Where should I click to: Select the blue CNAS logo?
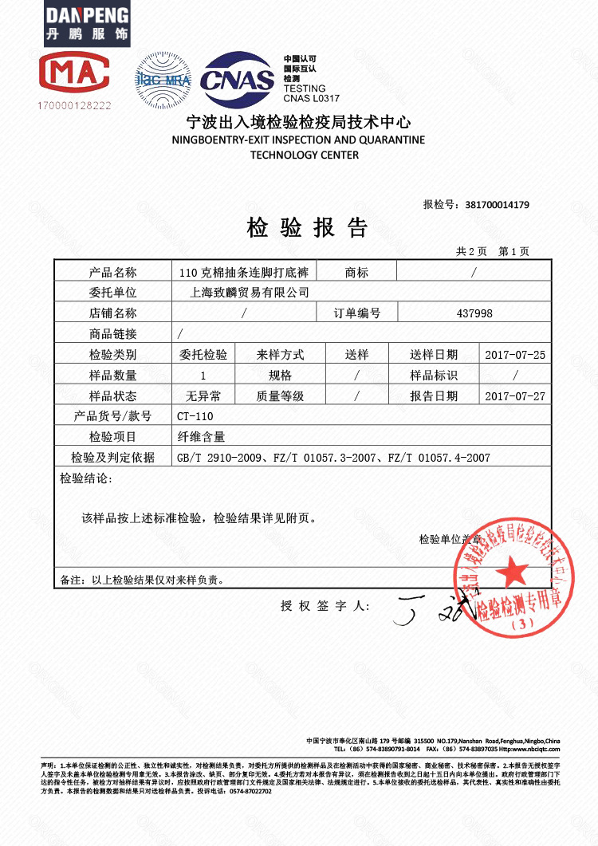(x=237, y=80)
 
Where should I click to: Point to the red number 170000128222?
(x=74, y=104)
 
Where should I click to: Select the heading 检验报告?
(x=307, y=228)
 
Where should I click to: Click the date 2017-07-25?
(x=515, y=355)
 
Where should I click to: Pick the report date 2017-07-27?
(x=515, y=396)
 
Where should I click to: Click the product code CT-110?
(x=196, y=416)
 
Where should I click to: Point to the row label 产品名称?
(x=113, y=272)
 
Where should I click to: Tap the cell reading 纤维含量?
(x=202, y=437)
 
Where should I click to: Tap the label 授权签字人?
(x=325, y=607)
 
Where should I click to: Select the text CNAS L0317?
(x=312, y=98)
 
